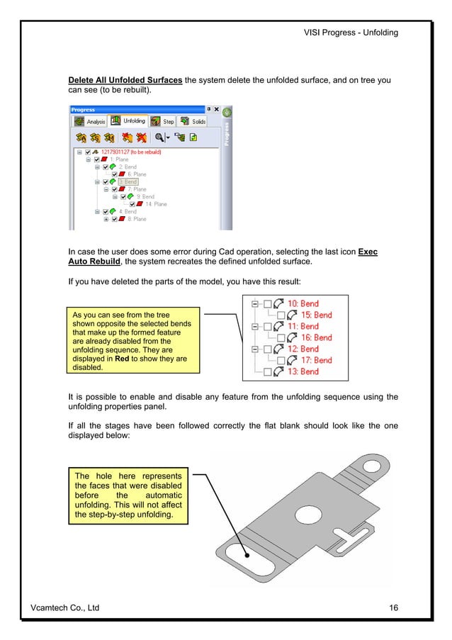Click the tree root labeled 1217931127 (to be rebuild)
132,152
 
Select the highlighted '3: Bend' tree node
128,181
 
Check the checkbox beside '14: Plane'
132,204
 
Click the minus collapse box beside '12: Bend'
256,349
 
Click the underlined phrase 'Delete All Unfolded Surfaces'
125,80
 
